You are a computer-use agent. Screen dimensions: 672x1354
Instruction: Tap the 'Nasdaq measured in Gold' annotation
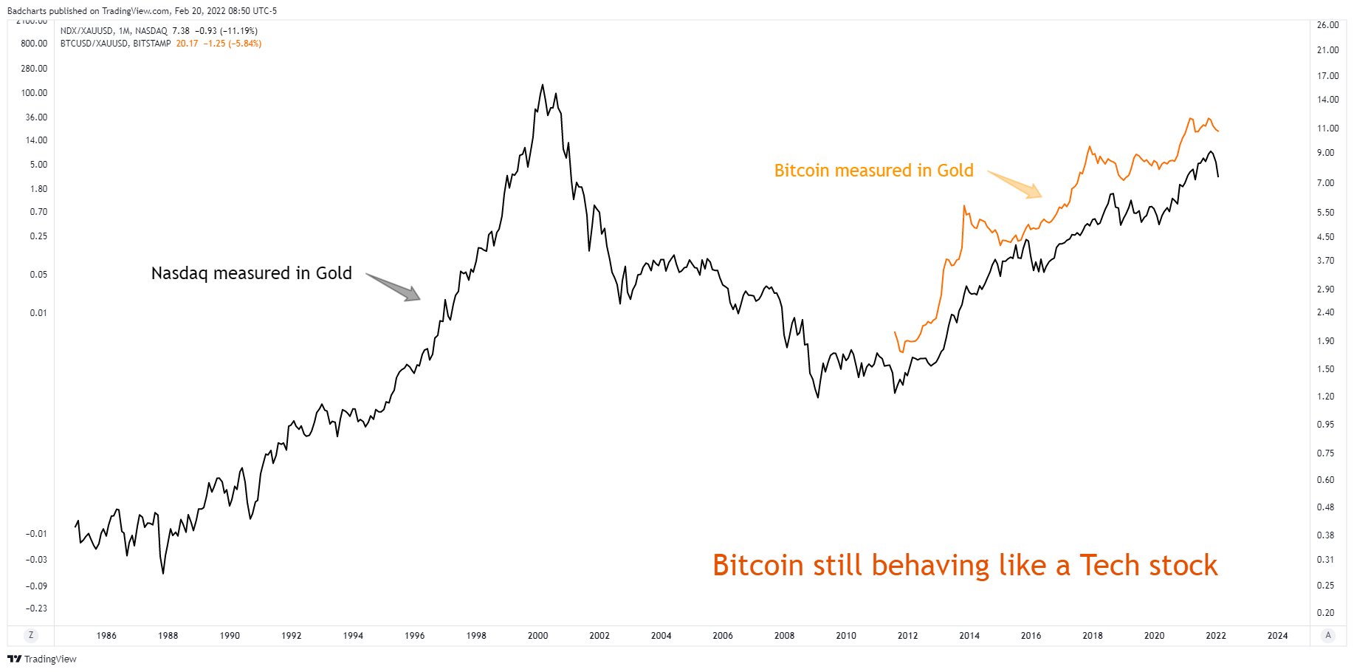pyautogui.click(x=251, y=273)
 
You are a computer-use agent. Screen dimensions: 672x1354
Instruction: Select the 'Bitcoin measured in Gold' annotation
pyautogui.click(x=873, y=171)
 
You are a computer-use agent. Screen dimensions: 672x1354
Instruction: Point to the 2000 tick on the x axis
pyautogui.click(x=537, y=635)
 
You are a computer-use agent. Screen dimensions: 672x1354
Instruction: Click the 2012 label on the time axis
pyautogui.click(x=907, y=635)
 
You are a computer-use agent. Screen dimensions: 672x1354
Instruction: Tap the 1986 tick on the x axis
pyautogui.click(x=106, y=635)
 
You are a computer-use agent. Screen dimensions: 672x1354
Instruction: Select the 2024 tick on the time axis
pyautogui.click(x=1277, y=635)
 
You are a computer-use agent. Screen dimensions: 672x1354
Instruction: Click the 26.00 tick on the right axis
pyautogui.click(x=1327, y=25)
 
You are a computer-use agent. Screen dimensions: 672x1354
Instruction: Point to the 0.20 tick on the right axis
pyautogui.click(x=1326, y=612)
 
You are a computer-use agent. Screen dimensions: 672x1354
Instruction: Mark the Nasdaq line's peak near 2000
pyautogui.click(x=543, y=85)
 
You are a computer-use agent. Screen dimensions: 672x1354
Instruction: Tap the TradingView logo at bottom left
pyautogui.click(x=42, y=659)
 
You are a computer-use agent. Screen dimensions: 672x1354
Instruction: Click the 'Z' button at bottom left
pyautogui.click(x=31, y=635)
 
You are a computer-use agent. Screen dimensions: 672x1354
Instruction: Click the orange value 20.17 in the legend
pyautogui.click(x=187, y=44)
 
